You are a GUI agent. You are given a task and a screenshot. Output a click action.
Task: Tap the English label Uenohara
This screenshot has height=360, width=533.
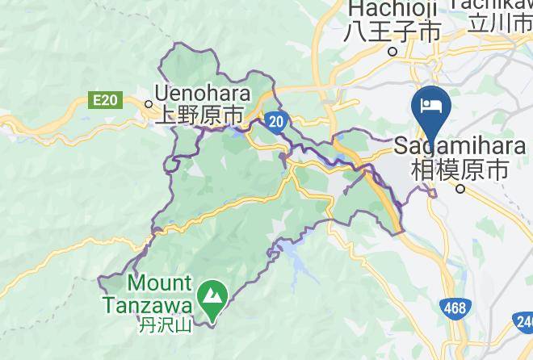point(203,96)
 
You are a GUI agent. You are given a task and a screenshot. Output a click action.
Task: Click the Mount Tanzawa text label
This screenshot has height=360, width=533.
point(147,294)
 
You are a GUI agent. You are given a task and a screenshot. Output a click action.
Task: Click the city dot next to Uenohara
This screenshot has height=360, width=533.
point(149,103)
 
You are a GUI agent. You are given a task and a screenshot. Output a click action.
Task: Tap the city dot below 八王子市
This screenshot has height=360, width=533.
point(393,51)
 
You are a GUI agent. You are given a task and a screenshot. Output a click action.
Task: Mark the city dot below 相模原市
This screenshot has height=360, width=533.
point(460,189)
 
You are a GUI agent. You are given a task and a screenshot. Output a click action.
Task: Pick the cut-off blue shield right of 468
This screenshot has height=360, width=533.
point(525,324)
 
